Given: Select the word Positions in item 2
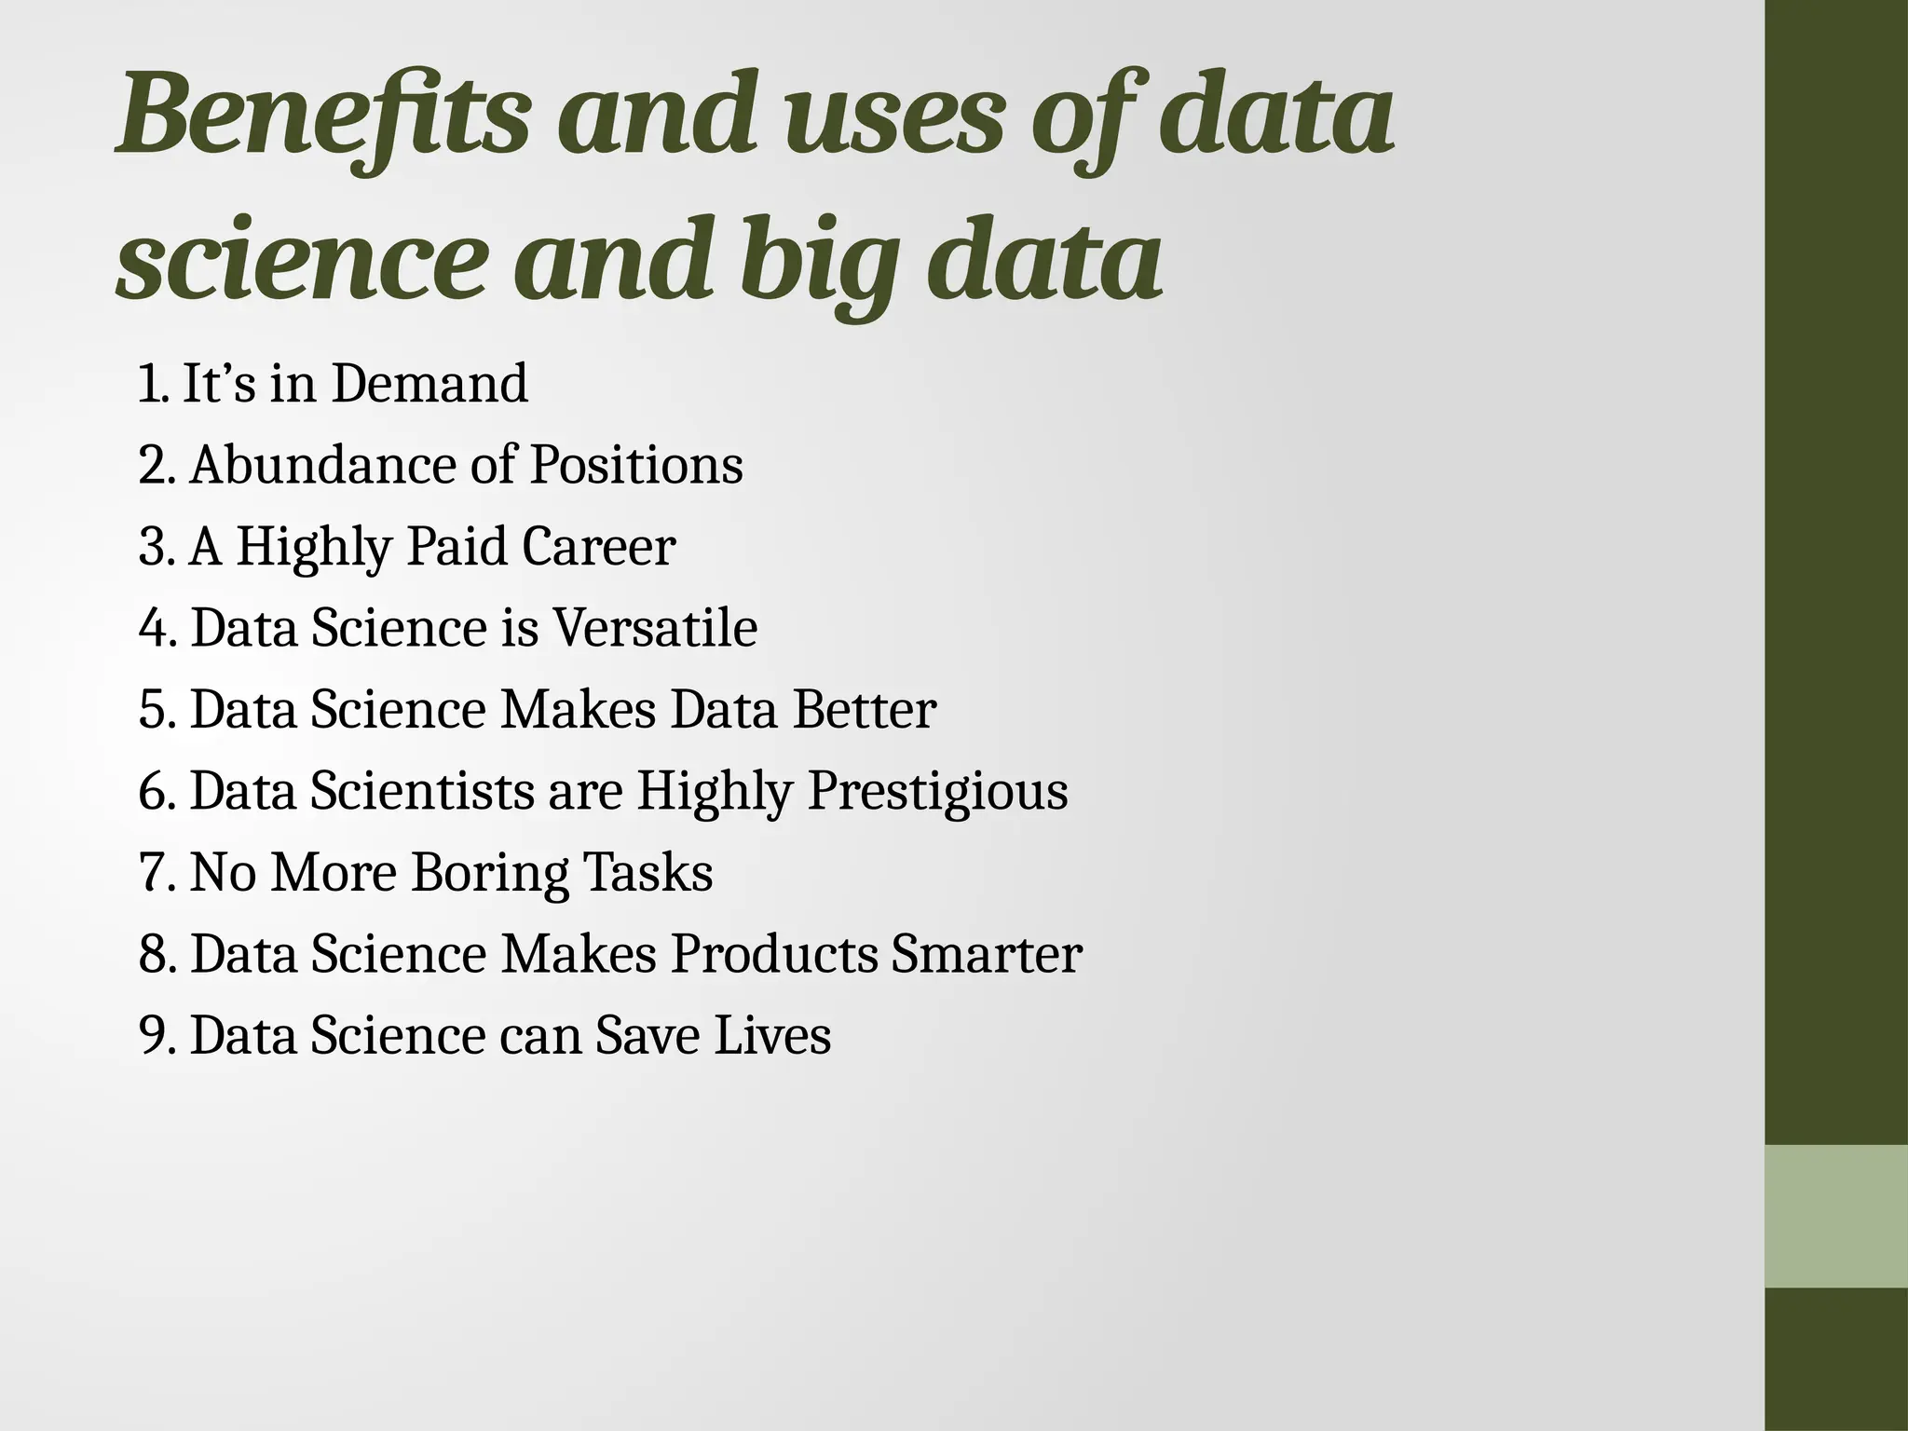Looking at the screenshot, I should click(636, 465).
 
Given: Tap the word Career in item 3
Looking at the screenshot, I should click(598, 546).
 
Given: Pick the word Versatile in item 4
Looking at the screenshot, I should click(655, 627).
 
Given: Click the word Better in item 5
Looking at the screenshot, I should click(864, 709).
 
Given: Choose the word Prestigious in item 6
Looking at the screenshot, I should click(937, 792).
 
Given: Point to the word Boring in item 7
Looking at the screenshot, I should click(489, 873).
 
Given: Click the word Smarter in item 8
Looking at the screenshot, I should click(986, 954).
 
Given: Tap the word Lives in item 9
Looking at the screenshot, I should click(772, 1035).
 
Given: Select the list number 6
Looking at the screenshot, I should click(155, 792).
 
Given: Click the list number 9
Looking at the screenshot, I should click(155, 1035).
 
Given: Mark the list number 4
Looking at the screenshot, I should click(155, 627).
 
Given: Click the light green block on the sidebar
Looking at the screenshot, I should click(1836, 1216).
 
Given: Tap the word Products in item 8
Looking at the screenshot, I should click(773, 954).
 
